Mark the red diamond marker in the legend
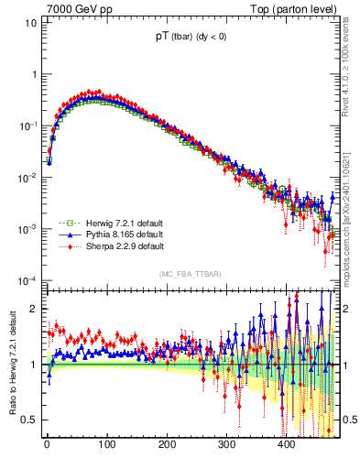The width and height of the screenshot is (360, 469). coord(65,246)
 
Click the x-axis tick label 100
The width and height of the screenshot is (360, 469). coord(106,445)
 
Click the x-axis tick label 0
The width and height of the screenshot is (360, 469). coord(46,445)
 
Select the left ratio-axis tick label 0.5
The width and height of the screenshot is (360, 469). coord(27,420)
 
